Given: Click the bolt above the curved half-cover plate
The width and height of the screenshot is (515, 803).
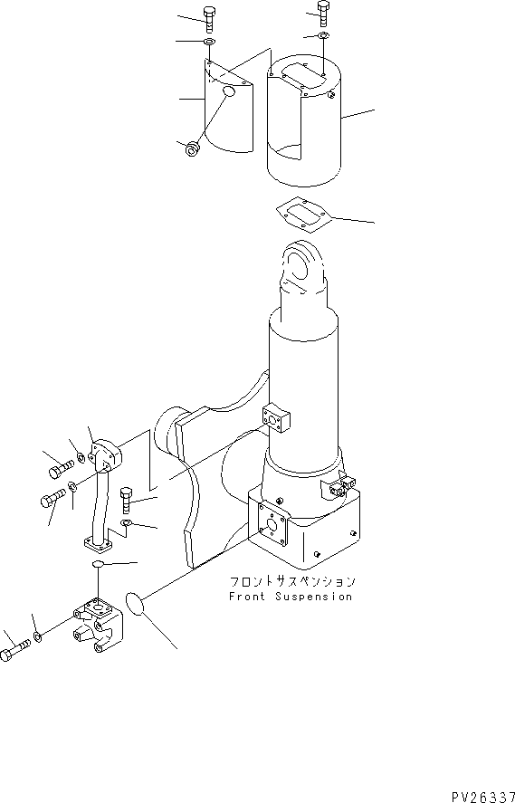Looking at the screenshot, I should coord(210,17).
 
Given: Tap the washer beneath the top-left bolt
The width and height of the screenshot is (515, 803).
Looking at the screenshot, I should coord(209,42).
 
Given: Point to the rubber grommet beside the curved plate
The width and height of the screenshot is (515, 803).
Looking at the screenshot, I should coord(192,148).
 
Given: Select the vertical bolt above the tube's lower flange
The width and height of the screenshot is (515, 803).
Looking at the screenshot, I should coord(127,498).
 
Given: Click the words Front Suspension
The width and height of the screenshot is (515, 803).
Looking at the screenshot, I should coord(290,597).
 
